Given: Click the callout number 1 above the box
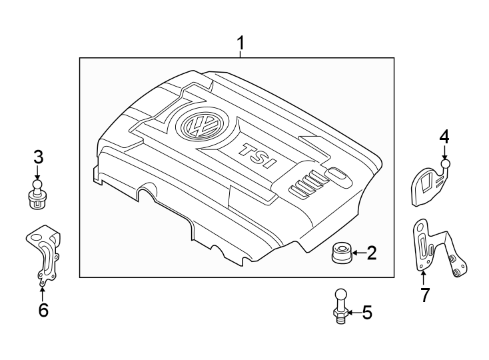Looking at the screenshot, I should (241, 44).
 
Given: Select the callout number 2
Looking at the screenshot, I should (372, 253).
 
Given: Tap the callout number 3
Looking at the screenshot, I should (39, 157).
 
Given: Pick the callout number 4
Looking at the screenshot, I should (444, 137).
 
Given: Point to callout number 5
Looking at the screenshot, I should (366, 312).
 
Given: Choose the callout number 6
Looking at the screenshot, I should (43, 310).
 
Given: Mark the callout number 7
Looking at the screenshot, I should (425, 295).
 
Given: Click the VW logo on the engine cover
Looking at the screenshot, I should (198, 125).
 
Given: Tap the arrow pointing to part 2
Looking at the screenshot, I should (356, 253).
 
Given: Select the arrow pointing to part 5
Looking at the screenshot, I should (353, 312).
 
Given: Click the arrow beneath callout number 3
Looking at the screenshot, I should (39, 172).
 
